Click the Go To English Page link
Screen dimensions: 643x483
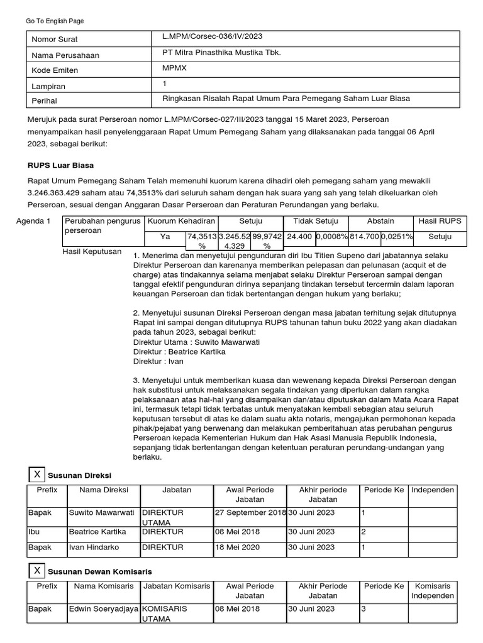[54, 21]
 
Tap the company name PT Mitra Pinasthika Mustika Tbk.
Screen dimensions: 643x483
[221, 53]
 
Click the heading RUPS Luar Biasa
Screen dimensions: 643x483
[60, 166]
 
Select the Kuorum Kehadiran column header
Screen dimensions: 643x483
[181, 221]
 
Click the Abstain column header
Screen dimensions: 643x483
[381, 221]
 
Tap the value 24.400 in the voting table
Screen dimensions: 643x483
[299, 236]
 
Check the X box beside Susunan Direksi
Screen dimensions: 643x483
[38, 474]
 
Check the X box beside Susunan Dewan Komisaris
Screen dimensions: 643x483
[38, 571]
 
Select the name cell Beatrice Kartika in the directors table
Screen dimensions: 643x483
[97, 531]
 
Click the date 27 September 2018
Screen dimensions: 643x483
[250, 512]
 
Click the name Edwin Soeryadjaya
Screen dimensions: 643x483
[103, 609]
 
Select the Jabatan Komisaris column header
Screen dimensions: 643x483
[177, 586]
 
